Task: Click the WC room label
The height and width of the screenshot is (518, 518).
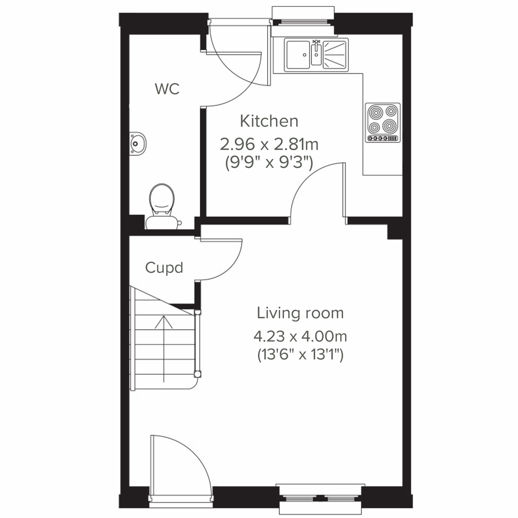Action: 167,89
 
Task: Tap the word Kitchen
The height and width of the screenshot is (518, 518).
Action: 269,121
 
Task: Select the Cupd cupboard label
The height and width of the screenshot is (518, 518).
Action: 164,268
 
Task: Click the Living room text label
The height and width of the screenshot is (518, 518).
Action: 300,313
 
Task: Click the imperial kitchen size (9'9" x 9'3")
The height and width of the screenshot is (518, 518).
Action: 269,163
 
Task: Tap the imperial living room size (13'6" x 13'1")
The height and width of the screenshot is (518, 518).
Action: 300,355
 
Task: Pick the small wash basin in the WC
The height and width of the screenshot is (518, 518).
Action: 138,142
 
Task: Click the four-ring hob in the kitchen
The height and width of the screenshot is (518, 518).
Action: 383,119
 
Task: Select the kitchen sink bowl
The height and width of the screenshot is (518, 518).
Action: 297,54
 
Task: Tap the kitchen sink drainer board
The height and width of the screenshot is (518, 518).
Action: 335,54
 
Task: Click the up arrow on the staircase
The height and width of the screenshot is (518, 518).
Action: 164,341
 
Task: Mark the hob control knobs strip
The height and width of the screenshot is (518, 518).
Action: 382,139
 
